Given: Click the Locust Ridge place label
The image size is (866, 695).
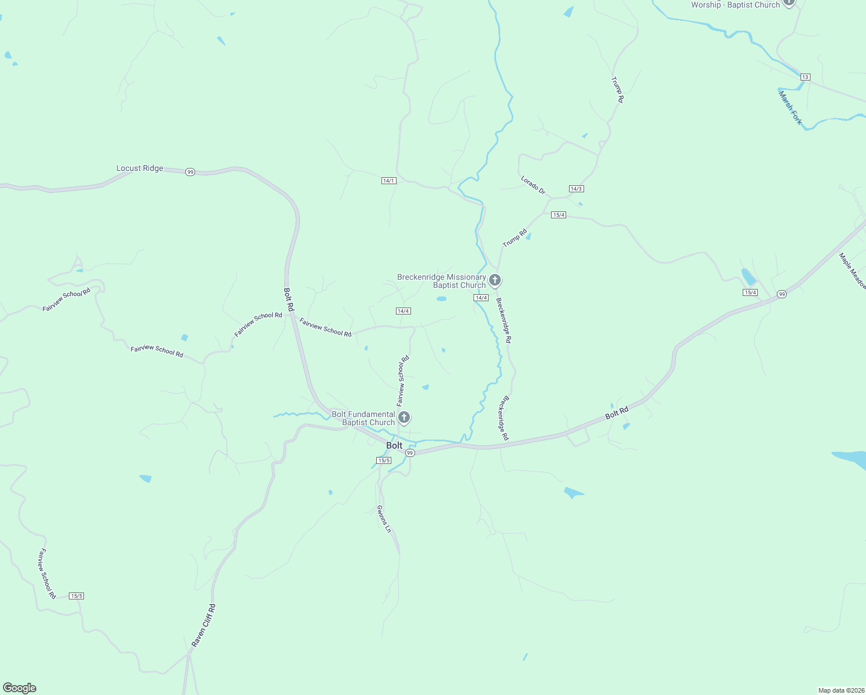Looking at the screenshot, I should [x=140, y=169].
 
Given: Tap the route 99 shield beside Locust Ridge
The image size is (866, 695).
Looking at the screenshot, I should [x=190, y=172].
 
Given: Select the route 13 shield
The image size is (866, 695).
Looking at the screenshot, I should [x=805, y=77].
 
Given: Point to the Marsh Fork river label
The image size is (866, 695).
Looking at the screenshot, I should [x=790, y=108].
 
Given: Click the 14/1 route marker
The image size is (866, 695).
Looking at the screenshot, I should [x=388, y=181].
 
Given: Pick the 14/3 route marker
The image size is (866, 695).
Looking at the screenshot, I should [x=576, y=189].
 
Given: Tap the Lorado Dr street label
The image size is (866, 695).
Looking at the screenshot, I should [x=533, y=185].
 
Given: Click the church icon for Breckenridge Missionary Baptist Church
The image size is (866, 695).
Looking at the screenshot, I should [x=494, y=280].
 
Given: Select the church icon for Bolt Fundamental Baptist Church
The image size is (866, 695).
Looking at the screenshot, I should [x=404, y=417].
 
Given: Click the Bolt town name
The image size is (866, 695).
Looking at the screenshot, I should [x=394, y=445].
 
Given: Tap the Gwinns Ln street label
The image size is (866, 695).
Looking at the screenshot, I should [x=384, y=518].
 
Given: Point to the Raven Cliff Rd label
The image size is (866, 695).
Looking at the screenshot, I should [x=204, y=625].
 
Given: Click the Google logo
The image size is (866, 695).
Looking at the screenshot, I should [x=20, y=688].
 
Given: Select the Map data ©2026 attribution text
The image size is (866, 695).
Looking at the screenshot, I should [x=841, y=690].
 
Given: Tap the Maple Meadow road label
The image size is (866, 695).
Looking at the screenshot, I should [x=852, y=271].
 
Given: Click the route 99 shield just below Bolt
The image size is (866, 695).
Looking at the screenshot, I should [x=410, y=452].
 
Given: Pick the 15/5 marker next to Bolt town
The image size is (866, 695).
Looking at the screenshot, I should [x=383, y=460].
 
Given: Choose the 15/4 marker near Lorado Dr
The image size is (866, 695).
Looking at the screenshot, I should [x=558, y=215].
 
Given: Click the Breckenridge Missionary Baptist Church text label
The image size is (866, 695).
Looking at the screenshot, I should [x=442, y=281].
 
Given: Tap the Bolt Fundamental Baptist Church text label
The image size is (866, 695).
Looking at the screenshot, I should [x=364, y=418].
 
